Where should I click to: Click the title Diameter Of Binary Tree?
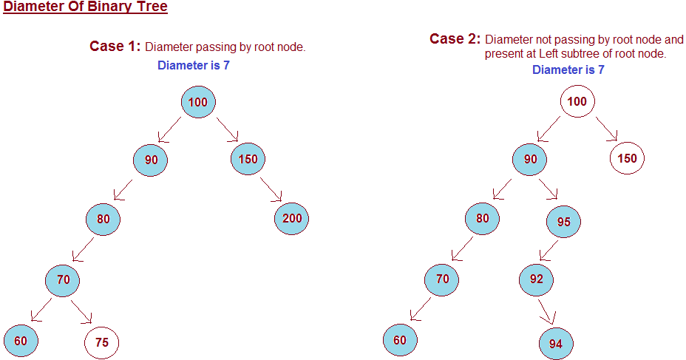(x=86, y=8)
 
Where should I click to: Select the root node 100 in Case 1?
(x=197, y=102)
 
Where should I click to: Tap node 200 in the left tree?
(x=291, y=218)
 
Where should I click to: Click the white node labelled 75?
(x=102, y=342)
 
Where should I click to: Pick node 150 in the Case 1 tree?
(x=248, y=158)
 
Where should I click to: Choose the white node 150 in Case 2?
(x=627, y=158)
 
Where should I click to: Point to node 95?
(x=563, y=220)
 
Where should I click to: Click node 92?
(x=536, y=279)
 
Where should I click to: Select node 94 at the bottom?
(x=556, y=343)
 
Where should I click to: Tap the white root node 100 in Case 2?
(x=577, y=101)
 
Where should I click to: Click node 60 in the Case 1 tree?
(x=21, y=341)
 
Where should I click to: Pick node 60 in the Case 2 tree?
(x=400, y=340)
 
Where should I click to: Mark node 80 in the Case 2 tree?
(x=483, y=218)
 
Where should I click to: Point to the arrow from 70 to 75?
(x=81, y=311)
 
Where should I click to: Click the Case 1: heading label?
(x=115, y=47)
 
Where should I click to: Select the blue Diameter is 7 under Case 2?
(x=568, y=69)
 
